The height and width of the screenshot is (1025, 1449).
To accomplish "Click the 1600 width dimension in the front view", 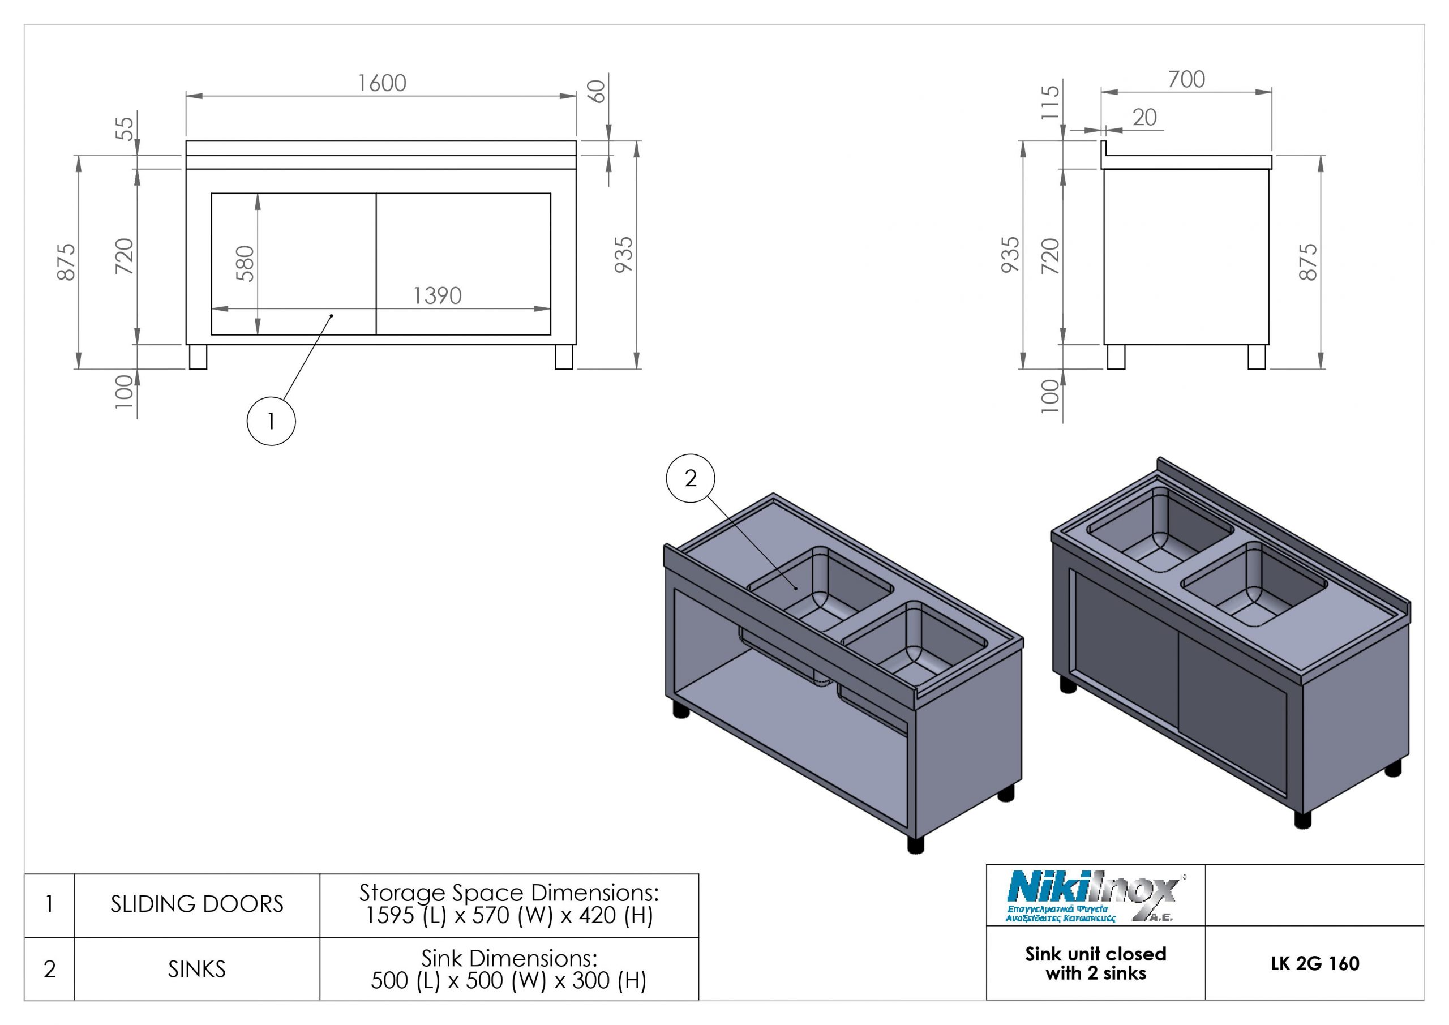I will click(x=382, y=83).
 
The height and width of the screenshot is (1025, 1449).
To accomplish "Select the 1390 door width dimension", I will click(x=438, y=295).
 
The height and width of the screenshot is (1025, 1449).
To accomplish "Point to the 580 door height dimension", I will click(x=245, y=263).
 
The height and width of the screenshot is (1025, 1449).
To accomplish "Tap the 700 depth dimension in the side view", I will click(x=1186, y=80).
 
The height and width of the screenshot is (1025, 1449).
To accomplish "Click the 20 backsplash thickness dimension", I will click(x=1144, y=117).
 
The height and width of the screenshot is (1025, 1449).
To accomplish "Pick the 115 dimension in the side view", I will click(x=1049, y=103).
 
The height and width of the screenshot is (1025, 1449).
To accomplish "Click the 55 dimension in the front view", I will click(x=126, y=128).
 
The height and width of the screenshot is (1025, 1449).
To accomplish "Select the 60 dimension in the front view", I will click(x=597, y=92).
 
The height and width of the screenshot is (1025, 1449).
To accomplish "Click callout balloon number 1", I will click(x=271, y=421).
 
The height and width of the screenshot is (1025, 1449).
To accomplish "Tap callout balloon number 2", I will click(x=691, y=478).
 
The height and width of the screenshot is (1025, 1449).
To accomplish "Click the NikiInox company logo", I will click(x=1095, y=897).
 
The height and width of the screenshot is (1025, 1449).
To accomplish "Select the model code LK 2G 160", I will click(x=1315, y=964).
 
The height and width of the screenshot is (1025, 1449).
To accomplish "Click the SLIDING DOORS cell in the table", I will click(x=197, y=904).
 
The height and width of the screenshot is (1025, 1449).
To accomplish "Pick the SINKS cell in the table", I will click(x=197, y=970).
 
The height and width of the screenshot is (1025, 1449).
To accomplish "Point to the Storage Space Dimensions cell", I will click(x=509, y=904).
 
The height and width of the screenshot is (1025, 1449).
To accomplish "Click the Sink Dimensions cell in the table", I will click(x=509, y=970).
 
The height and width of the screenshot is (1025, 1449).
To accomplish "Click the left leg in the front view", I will click(x=198, y=357).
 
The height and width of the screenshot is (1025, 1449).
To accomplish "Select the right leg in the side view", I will click(x=1257, y=357).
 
